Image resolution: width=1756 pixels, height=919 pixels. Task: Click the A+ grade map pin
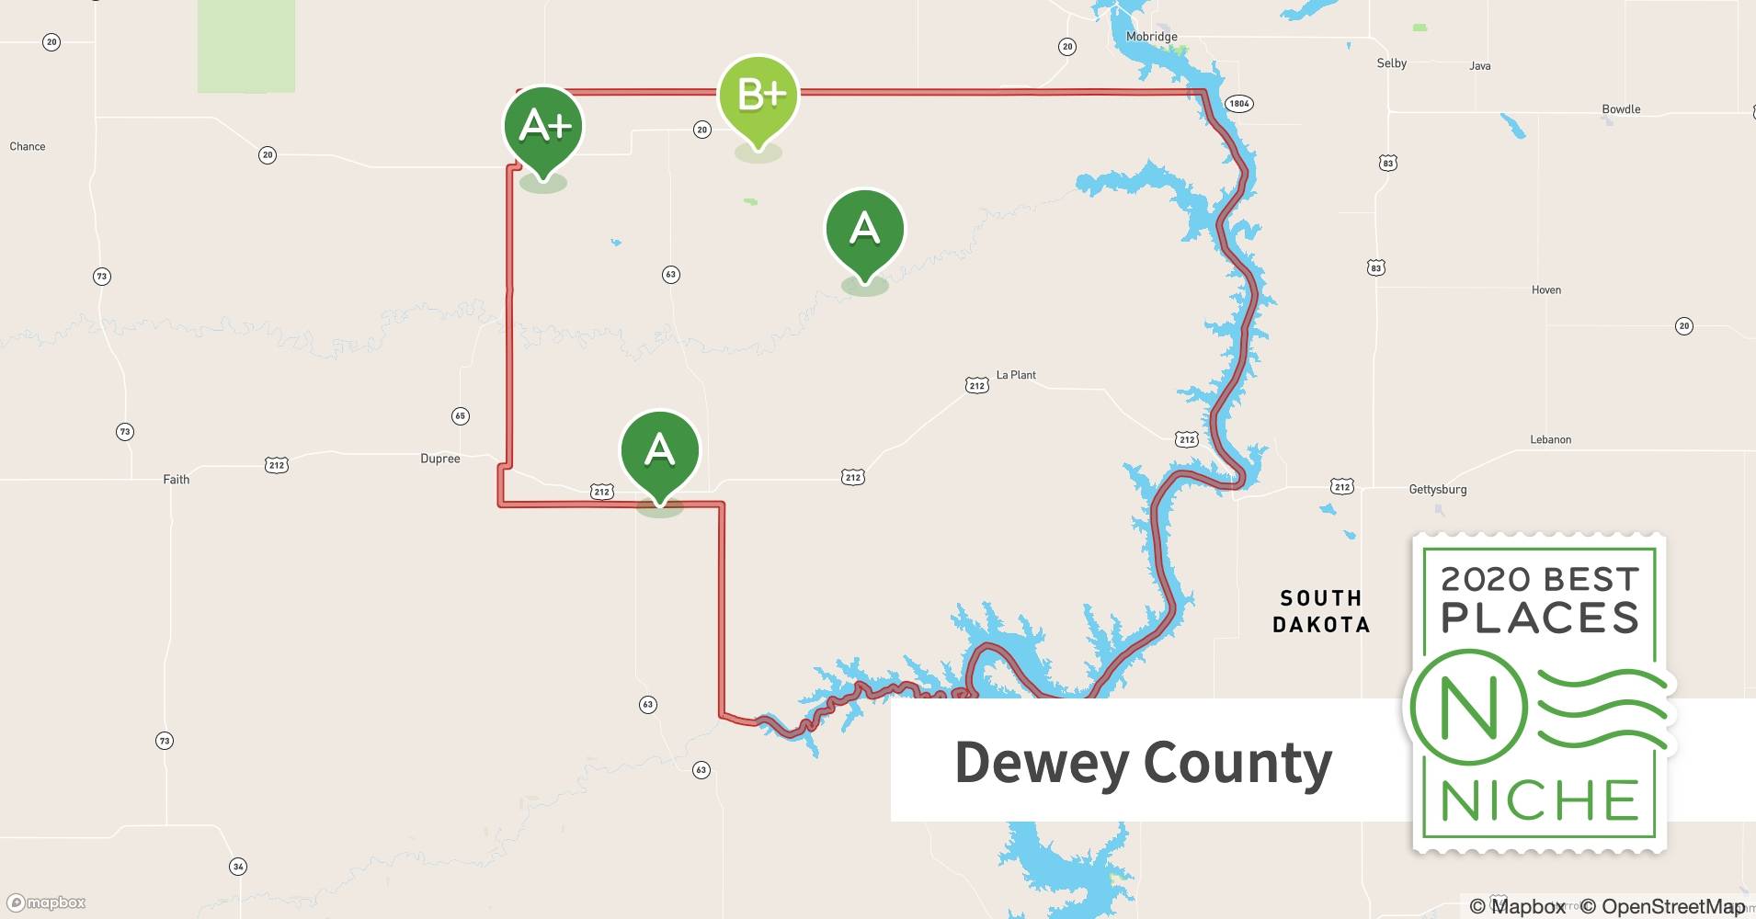tap(543, 127)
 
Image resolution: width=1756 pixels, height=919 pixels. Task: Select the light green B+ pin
tap(758, 96)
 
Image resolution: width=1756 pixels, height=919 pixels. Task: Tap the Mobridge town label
tap(1151, 37)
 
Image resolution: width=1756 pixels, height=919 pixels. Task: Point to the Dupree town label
tap(439, 459)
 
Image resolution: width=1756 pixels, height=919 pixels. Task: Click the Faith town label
tap(176, 480)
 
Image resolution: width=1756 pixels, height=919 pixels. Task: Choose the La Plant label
tap(1016, 375)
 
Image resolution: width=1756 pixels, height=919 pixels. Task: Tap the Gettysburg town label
tap(1437, 490)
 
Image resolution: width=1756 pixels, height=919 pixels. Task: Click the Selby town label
tap(1391, 63)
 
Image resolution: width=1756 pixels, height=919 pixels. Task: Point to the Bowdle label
tap(1621, 109)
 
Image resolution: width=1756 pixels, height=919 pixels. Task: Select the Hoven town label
tap(1545, 290)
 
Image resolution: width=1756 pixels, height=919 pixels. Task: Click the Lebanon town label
tap(1550, 440)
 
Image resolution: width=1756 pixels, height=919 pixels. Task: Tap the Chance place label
tap(28, 147)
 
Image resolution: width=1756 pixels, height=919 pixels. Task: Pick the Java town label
tap(1479, 66)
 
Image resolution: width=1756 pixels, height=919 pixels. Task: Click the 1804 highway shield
tap(1239, 104)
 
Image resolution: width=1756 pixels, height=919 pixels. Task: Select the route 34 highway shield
tap(238, 867)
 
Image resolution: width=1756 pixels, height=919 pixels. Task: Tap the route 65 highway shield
tap(461, 416)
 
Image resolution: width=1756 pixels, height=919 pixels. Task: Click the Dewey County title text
tap(1143, 763)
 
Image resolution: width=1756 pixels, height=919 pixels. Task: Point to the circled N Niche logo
tap(1468, 708)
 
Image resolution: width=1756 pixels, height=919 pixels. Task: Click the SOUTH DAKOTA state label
tap(1320, 611)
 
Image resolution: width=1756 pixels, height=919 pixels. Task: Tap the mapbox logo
tap(47, 903)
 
